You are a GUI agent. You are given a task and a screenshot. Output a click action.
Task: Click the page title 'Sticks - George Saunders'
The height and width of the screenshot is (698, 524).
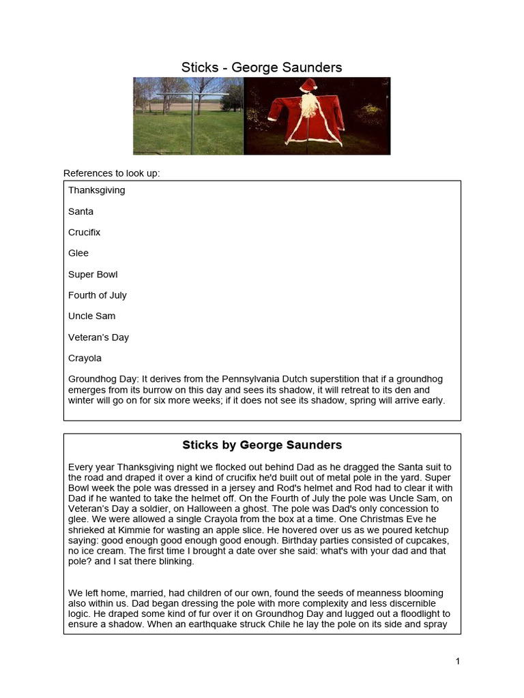coord(261,67)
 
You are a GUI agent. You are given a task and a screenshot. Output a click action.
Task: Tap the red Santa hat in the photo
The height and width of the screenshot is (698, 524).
coord(308,86)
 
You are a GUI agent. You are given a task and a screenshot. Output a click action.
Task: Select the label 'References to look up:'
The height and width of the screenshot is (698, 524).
coord(111,173)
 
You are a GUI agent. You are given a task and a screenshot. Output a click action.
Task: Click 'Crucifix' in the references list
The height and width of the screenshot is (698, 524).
coord(84,232)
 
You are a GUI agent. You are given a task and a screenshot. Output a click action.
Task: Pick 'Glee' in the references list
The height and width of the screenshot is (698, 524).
coord(78,253)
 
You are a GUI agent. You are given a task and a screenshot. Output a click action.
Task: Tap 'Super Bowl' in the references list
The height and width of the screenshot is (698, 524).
coord(93,274)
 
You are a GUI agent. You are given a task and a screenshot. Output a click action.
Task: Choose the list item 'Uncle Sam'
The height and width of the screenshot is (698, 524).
coord(91,316)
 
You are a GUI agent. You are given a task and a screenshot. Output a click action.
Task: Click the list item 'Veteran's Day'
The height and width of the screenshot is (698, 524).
coord(98,337)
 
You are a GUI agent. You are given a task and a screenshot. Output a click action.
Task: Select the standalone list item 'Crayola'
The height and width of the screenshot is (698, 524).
coord(85,358)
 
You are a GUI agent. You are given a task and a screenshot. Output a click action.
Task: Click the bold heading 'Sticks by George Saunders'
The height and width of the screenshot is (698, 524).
coord(261,445)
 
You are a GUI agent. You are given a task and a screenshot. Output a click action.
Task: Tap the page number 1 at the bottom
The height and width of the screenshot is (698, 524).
coord(458,661)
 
